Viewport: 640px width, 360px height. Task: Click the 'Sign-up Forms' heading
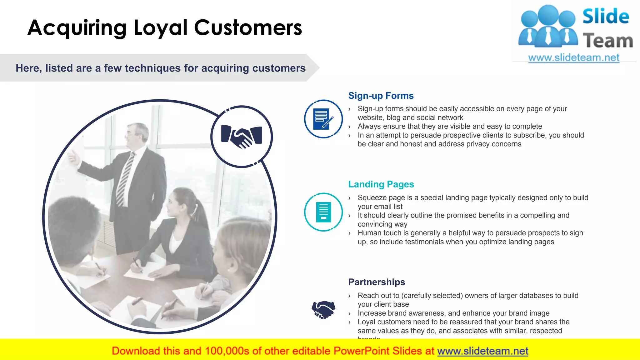[x=381, y=96]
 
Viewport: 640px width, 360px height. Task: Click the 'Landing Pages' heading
[x=381, y=184]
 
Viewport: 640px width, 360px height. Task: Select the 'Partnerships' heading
[x=377, y=282]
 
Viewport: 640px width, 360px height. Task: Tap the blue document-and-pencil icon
[x=323, y=119]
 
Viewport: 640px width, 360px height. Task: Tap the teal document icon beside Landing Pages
[x=323, y=212]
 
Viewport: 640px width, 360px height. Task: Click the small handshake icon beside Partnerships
[x=323, y=309]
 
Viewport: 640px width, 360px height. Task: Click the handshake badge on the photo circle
[x=242, y=137]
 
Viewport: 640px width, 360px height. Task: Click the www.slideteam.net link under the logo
[x=573, y=58]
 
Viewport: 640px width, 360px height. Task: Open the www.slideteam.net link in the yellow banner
[x=482, y=351]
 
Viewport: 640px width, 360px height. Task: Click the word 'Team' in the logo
[x=607, y=41]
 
